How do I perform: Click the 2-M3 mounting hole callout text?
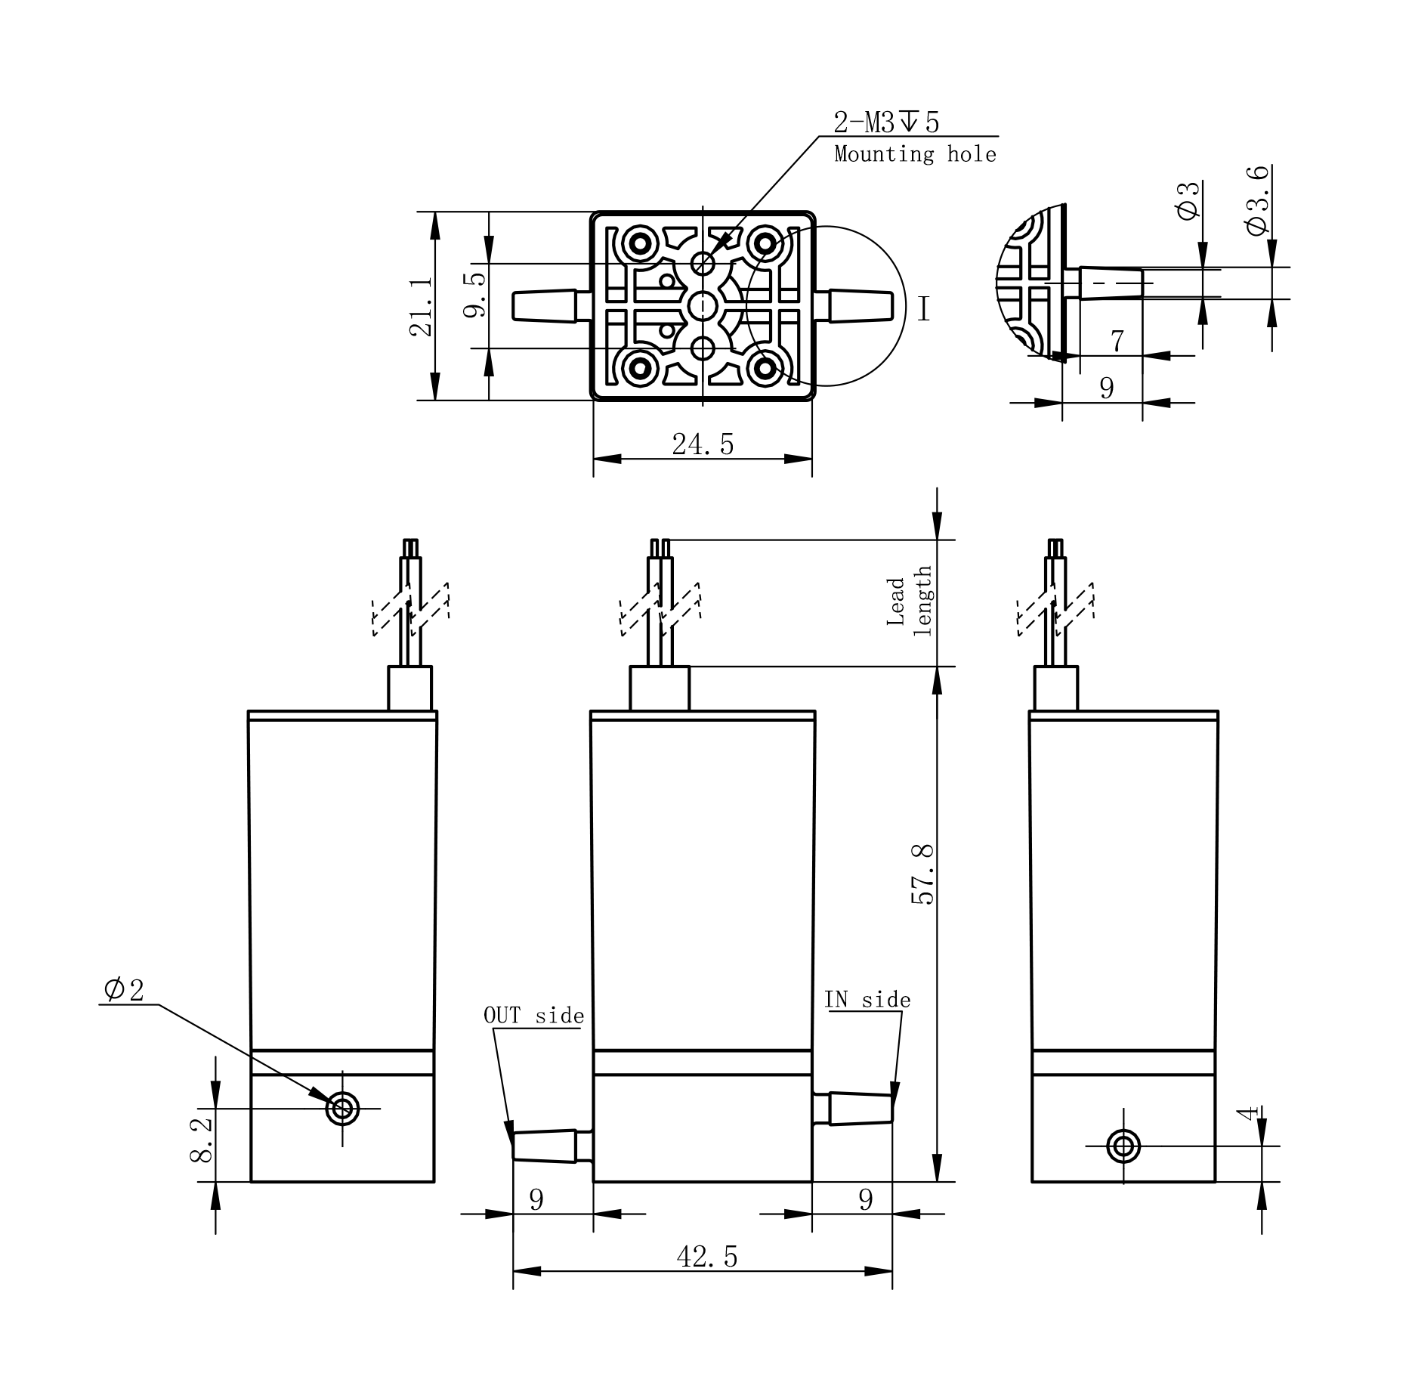(x=886, y=122)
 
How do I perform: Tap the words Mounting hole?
(x=915, y=154)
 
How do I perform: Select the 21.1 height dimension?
(x=421, y=305)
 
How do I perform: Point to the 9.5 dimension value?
(x=474, y=295)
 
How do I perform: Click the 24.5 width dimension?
(x=703, y=444)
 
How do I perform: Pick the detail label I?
(x=923, y=308)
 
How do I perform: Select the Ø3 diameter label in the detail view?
(x=1188, y=200)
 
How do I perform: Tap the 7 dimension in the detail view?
(x=1117, y=342)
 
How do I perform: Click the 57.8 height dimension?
(x=922, y=874)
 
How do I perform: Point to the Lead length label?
(x=910, y=602)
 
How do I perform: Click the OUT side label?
(x=533, y=1015)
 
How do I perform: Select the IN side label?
(x=867, y=999)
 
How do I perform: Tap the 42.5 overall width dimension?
(x=706, y=1257)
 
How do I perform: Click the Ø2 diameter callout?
(x=124, y=989)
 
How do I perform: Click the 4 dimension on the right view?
(x=1249, y=1112)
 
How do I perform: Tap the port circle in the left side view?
(x=342, y=1109)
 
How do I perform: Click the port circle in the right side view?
(x=1123, y=1146)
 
